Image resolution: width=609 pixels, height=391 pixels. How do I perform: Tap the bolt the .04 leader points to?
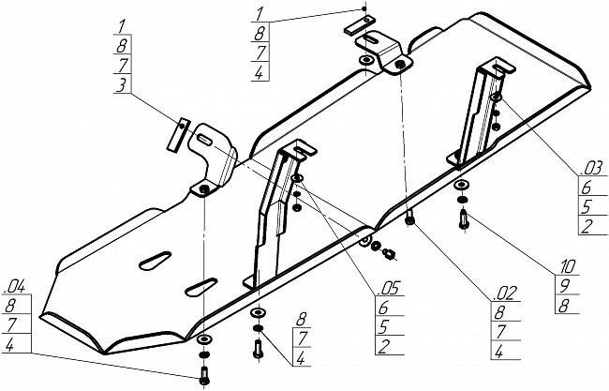tap(204, 377)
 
